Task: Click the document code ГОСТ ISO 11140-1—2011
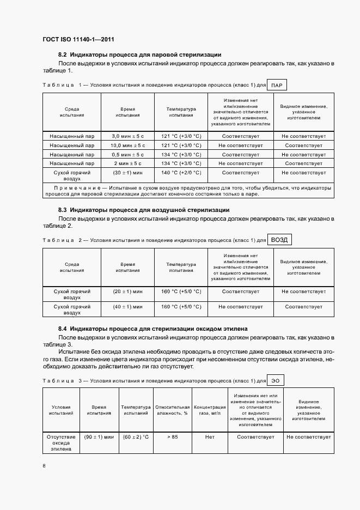[x=77, y=39]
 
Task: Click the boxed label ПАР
[x=277, y=86]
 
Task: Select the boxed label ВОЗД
[x=280, y=240]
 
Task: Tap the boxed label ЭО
[x=276, y=381]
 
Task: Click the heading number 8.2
[x=62, y=54]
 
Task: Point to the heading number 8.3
[x=62, y=210]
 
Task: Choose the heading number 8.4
[x=62, y=329]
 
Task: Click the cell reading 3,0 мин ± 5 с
[x=128, y=136]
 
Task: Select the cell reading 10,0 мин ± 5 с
[x=128, y=145]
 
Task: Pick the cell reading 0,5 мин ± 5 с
[x=128, y=154]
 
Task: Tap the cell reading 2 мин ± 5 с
[x=128, y=163]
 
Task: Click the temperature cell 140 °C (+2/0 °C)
[x=181, y=173]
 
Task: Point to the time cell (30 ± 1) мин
[x=128, y=173]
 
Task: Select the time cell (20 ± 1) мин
[x=128, y=292]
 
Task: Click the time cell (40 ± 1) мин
[x=128, y=307]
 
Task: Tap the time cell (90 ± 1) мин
[x=99, y=437]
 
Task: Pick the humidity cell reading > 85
[x=173, y=437]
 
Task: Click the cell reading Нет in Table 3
[x=210, y=437]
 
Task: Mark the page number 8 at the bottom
[x=44, y=466]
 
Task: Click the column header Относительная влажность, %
[x=173, y=410]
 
